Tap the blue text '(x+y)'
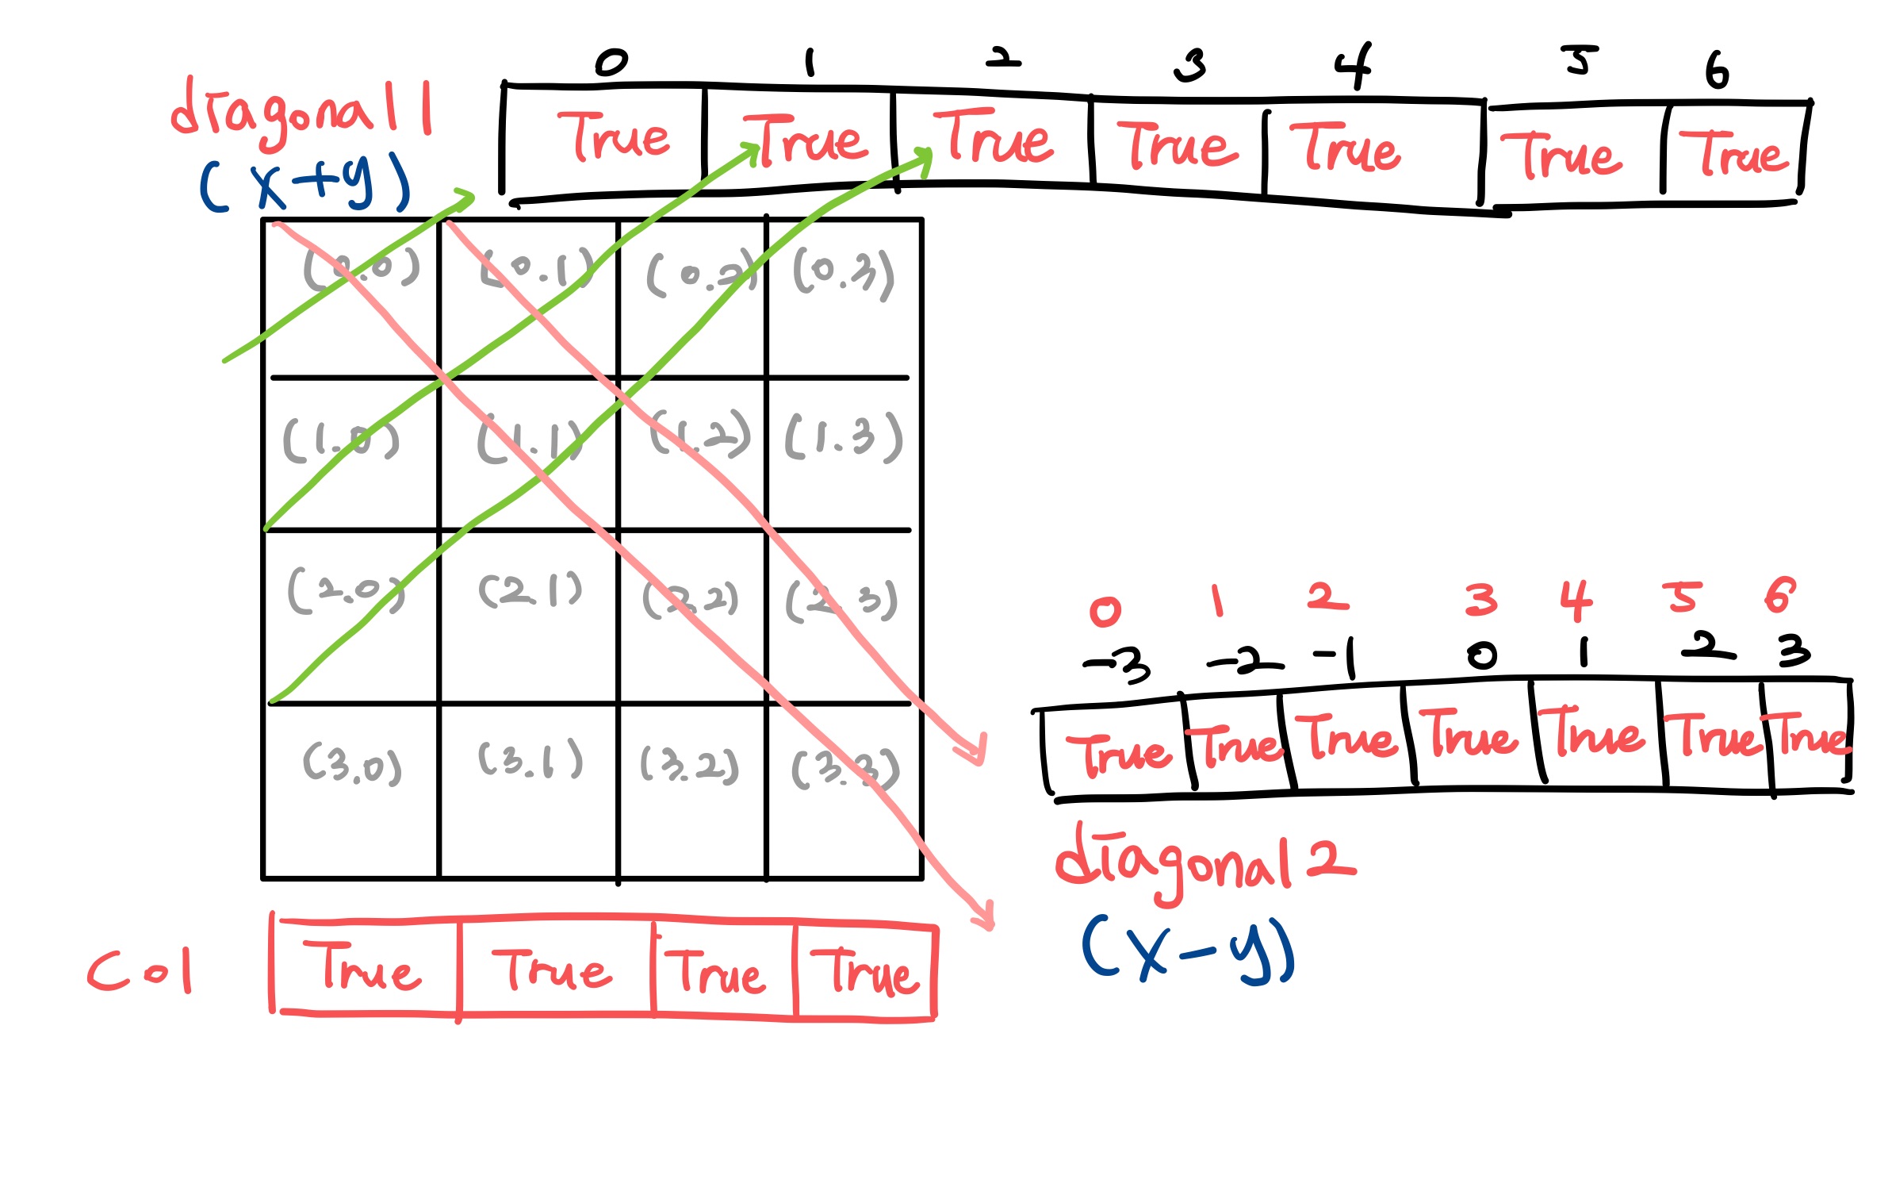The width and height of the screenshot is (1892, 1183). point(305,183)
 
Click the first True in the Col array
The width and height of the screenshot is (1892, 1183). point(369,968)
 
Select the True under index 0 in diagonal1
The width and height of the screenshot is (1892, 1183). point(613,138)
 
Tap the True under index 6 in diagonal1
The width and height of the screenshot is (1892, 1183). point(1733,154)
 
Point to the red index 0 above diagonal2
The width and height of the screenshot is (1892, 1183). point(1105,611)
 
